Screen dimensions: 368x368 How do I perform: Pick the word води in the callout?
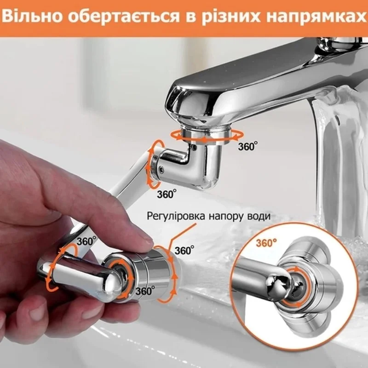pyautogui.click(x=258, y=216)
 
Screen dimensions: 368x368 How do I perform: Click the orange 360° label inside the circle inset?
pyautogui.click(x=266, y=243)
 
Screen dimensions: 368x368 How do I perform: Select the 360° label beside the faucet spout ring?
pyautogui.click(x=247, y=146)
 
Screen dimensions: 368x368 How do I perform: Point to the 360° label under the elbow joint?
pyautogui.click(x=167, y=194)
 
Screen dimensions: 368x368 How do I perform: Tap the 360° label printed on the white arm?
pyautogui.click(x=86, y=240)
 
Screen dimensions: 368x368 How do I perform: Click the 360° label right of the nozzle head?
pyautogui.click(x=184, y=250)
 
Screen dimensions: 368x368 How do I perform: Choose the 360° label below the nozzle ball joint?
pyautogui.click(x=145, y=291)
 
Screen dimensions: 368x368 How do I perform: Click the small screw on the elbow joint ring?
pyautogui.click(x=161, y=168)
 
